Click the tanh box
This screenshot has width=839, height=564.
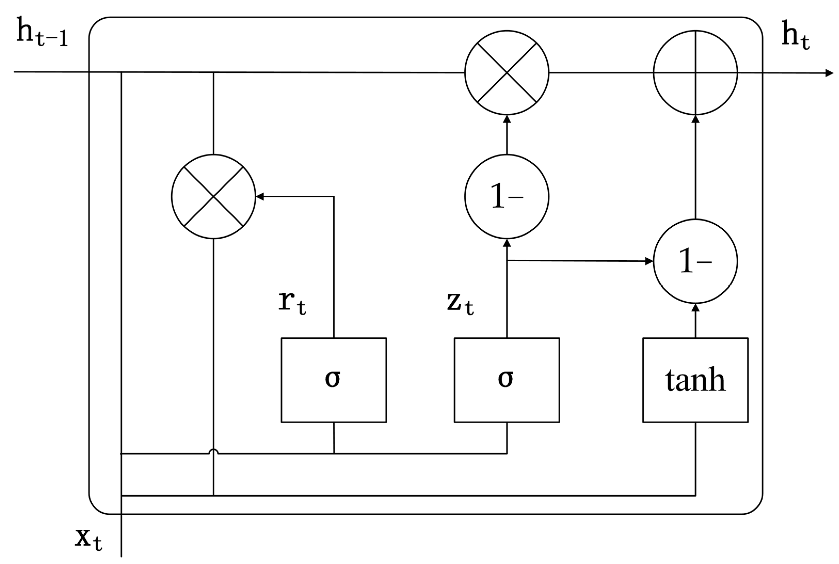[x=695, y=380]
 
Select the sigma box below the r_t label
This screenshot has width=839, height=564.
[x=334, y=380]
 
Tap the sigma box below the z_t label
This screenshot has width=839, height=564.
[x=507, y=380]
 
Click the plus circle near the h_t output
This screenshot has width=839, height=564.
[x=695, y=73]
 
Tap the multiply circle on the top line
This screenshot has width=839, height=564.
[x=507, y=73]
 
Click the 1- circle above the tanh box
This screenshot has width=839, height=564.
[x=695, y=261]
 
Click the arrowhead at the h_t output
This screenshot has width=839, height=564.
[x=829, y=73]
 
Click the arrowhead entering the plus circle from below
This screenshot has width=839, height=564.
[x=695, y=119]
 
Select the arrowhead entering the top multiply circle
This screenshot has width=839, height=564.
[x=507, y=119]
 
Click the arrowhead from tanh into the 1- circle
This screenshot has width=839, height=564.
[x=695, y=308]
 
